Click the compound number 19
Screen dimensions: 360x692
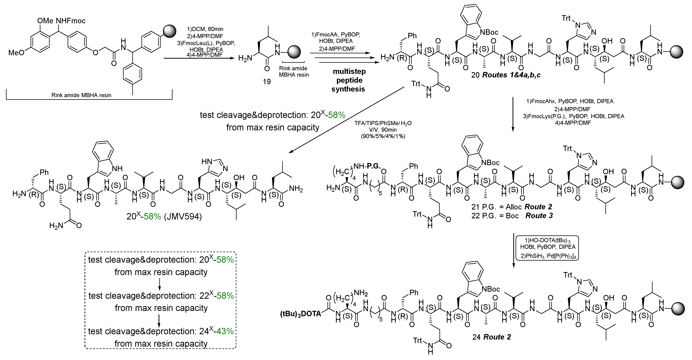[x=266, y=81]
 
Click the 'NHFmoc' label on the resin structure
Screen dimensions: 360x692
[x=71, y=21]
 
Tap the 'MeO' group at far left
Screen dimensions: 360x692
[x=16, y=52]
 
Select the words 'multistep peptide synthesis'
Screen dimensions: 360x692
[x=349, y=80]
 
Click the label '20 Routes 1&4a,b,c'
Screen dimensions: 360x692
[x=506, y=75]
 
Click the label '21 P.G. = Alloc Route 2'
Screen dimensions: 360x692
[x=511, y=207]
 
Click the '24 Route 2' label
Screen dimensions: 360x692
[x=491, y=337]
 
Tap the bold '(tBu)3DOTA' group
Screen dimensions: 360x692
[x=301, y=314]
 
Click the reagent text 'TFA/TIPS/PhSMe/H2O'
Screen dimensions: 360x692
[x=383, y=123]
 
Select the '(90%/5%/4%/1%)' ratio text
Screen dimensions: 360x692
[x=383, y=136]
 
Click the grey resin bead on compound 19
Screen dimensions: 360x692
[x=294, y=51]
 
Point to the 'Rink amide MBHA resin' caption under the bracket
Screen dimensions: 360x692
[x=81, y=95]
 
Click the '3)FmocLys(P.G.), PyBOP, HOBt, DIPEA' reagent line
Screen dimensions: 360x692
[x=573, y=116]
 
